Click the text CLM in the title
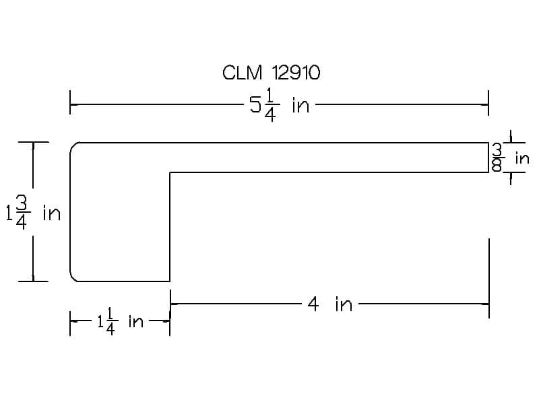[x=242, y=73]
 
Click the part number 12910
[x=296, y=73]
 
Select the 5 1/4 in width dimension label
[x=279, y=104]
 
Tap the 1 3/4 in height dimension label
[x=33, y=213]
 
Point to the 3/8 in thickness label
[x=511, y=158]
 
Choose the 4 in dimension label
[x=330, y=304]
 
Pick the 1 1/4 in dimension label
[x=121, y=322]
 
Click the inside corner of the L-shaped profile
[x=170, y=172]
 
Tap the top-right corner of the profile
[x=488, y=143]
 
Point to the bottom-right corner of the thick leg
[x=170, y=281]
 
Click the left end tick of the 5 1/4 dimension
[x=70, y=102]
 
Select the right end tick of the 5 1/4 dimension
[x=488, y=103]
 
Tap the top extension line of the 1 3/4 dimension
[x=33, y=142]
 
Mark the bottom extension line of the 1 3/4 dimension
[x=33, y=281]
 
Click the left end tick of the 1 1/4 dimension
[x=70, y=323]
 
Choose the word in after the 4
[x=344, y=304]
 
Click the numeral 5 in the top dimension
[x=255, y=104]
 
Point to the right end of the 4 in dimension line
[x=488, y=304]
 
